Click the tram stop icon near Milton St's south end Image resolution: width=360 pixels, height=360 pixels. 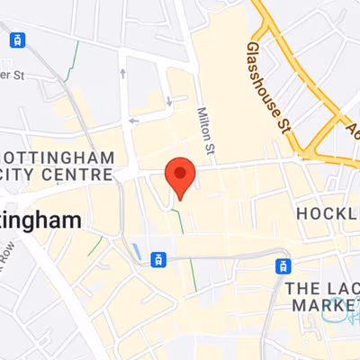158,260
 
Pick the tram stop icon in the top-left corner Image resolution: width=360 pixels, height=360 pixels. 16,40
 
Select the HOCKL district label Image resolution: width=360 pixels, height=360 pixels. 328,212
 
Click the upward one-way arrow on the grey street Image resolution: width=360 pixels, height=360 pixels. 122,71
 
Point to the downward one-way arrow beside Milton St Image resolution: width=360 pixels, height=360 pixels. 169,101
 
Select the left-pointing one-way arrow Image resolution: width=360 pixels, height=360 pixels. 134,120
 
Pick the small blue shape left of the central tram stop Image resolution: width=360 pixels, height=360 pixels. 135,249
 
